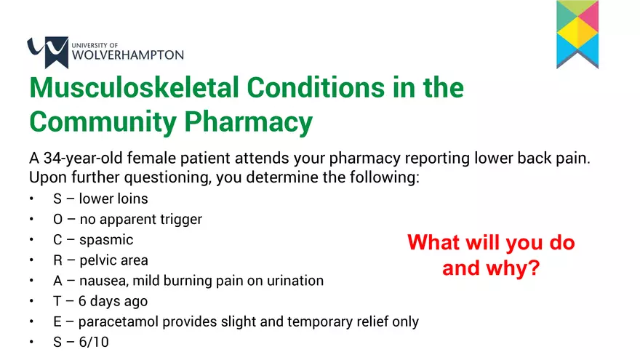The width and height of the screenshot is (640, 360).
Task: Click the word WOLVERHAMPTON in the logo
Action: pos(129,55)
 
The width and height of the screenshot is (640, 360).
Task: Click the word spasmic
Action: pos(106,239)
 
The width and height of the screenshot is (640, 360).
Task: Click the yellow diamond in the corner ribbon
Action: pos(577,31)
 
